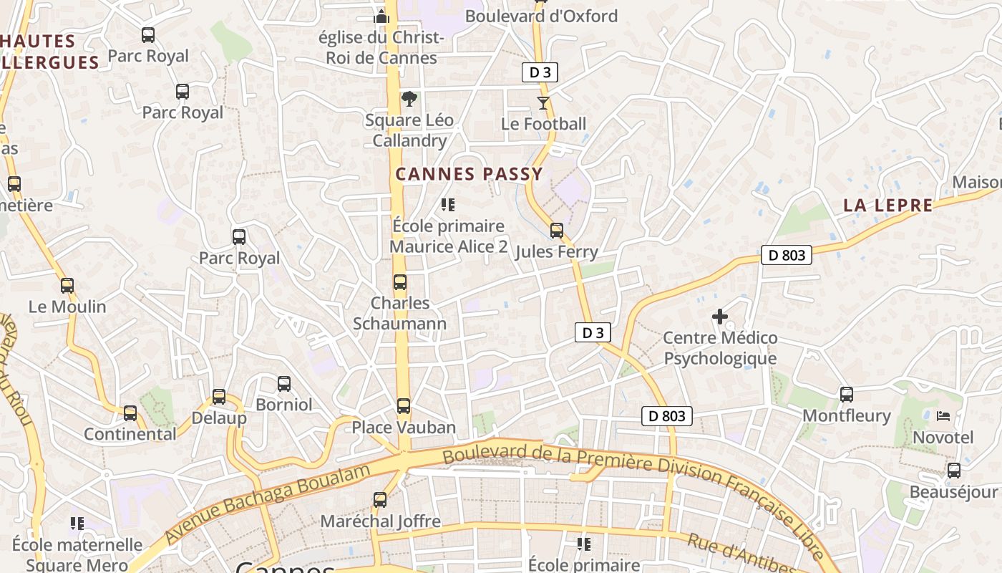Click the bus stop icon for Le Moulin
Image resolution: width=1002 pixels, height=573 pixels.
pos(67,286)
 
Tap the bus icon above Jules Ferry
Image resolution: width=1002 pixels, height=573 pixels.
pos(557,231)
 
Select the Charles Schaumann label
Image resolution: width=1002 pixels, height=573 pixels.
pos(400,313)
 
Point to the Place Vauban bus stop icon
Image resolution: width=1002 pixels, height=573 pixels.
pos(404,406)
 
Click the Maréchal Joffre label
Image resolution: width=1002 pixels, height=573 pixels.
pos(380,521)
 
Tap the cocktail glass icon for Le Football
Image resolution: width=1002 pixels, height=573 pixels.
pos(543,103)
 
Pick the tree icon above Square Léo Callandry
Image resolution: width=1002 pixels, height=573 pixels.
pos(409,99)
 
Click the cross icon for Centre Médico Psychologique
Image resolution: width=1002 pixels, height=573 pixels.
pos(720,316)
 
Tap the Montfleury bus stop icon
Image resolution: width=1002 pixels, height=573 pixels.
pos(847,394)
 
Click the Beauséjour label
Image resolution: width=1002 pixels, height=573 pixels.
pos(953,492)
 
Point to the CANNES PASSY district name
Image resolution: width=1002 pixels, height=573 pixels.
pos(470,174)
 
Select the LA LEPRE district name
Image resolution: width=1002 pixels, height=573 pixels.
pos(887,206)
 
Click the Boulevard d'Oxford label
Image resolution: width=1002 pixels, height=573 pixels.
pos(541,16)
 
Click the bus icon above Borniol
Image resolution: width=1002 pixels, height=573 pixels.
pos(284,383)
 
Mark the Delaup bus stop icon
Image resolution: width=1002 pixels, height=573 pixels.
pos(219,397)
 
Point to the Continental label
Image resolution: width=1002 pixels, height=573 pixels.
pos(130,434)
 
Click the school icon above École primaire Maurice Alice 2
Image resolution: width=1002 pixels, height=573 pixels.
pos(448,205)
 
